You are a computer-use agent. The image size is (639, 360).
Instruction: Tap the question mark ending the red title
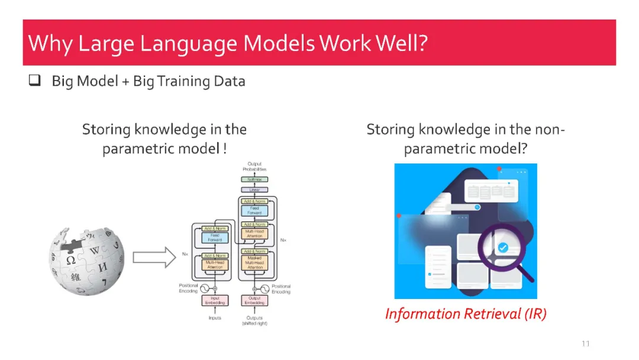coord(422,43)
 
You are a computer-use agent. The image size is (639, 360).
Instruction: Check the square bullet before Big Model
coord(34,81)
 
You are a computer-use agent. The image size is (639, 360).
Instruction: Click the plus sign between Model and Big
coord(125,82)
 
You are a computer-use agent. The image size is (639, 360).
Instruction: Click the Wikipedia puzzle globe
coord(86,261)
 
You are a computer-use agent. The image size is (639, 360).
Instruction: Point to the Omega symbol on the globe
coord(70,260)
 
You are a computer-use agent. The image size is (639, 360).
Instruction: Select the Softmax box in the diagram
coord(254,179)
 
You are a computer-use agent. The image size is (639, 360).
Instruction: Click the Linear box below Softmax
coord(254,189)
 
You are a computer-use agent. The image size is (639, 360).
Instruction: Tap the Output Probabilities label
coord(254,166)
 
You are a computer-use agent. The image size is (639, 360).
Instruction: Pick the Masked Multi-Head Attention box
coord(254,262)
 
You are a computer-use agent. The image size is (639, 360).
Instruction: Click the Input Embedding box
coord(215,301)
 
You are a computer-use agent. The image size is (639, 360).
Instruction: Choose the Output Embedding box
coord(254,301)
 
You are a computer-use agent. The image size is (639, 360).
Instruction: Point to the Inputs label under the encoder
coord(215,318)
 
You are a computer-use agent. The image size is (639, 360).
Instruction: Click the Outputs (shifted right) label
coord(254,320)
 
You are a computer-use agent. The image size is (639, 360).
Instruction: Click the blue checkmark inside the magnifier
coord(503,247)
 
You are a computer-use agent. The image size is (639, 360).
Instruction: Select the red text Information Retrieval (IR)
coord(466,314)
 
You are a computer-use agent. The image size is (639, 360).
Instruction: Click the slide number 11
coord(586,344)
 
